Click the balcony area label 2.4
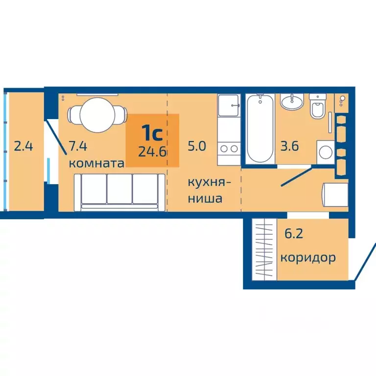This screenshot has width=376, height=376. pyautogui.click(x=23, y=146)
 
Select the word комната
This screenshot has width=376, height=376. pyautogui.click(x=96, y=163)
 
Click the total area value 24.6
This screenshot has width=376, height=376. pyautogui.click(x=153, y=151)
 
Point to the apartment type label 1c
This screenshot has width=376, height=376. pyautogui.click(x=152, y=133)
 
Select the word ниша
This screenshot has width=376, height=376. pyautogui.click(x=206, y=199)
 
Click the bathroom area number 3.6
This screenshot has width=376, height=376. pyautogui.click(x=290, y=146)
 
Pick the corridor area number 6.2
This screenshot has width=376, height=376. pyautogui.click(x=294, y=234)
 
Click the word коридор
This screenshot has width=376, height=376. pyautogui.click(x=308, y=258)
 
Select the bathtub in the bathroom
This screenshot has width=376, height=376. pyautogui.click(x=259, y=129)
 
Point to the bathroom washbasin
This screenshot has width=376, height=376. pyautogui.click(x=293, y=102)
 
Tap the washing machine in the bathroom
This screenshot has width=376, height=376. pyautogui.click(x=325, y=152)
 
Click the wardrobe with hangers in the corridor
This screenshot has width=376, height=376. pyautogui.click(x=264, y=250)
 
